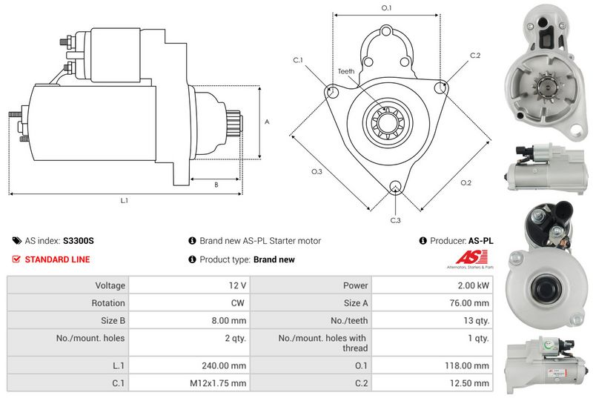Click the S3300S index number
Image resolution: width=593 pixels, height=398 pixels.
79,241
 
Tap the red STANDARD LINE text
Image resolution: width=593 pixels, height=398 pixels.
58,259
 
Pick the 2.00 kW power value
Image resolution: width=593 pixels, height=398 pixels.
473,285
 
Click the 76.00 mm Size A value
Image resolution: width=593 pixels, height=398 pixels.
469,302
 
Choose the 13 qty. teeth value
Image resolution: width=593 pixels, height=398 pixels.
476,320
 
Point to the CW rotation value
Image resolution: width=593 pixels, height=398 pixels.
237,302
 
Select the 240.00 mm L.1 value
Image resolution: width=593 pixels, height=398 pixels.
224,365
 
